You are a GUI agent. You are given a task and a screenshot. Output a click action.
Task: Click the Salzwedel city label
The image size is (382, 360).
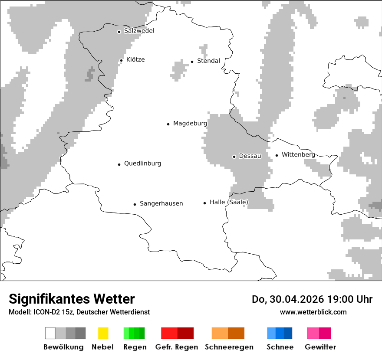click(139, 31)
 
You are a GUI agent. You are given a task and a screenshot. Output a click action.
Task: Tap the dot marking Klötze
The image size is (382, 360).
click(121, 60)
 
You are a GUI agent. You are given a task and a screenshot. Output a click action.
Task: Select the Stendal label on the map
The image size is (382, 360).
click(208, 61)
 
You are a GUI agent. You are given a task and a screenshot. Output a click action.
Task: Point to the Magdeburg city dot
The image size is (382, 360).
click(168, 124)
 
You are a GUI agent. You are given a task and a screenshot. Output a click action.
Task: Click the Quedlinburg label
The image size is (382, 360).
click(142, 164)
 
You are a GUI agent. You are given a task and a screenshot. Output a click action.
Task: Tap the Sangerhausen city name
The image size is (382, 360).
click(161, 203)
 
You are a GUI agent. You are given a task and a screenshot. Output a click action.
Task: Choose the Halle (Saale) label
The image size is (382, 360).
click(229, 202)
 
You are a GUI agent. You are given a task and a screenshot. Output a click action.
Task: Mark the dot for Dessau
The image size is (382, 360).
click(234, 156)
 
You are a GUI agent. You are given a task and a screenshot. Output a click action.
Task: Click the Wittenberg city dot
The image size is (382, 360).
click(277, 155)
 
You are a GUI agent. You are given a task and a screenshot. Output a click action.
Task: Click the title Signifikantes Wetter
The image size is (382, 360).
click(72, 299)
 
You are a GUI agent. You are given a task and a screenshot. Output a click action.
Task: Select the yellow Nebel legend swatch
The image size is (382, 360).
click(103, 333)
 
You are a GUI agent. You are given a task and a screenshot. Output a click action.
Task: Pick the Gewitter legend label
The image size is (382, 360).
click(320, 347)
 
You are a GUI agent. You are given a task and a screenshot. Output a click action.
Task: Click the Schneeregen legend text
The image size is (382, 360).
click(229, 347)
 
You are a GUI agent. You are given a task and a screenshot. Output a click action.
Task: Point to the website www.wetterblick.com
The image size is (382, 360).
click(313, 312)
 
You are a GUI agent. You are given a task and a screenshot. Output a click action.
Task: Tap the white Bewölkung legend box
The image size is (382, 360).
click(50, 333)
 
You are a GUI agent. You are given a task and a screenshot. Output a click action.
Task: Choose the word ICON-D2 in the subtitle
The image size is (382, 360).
click(46, 312)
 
